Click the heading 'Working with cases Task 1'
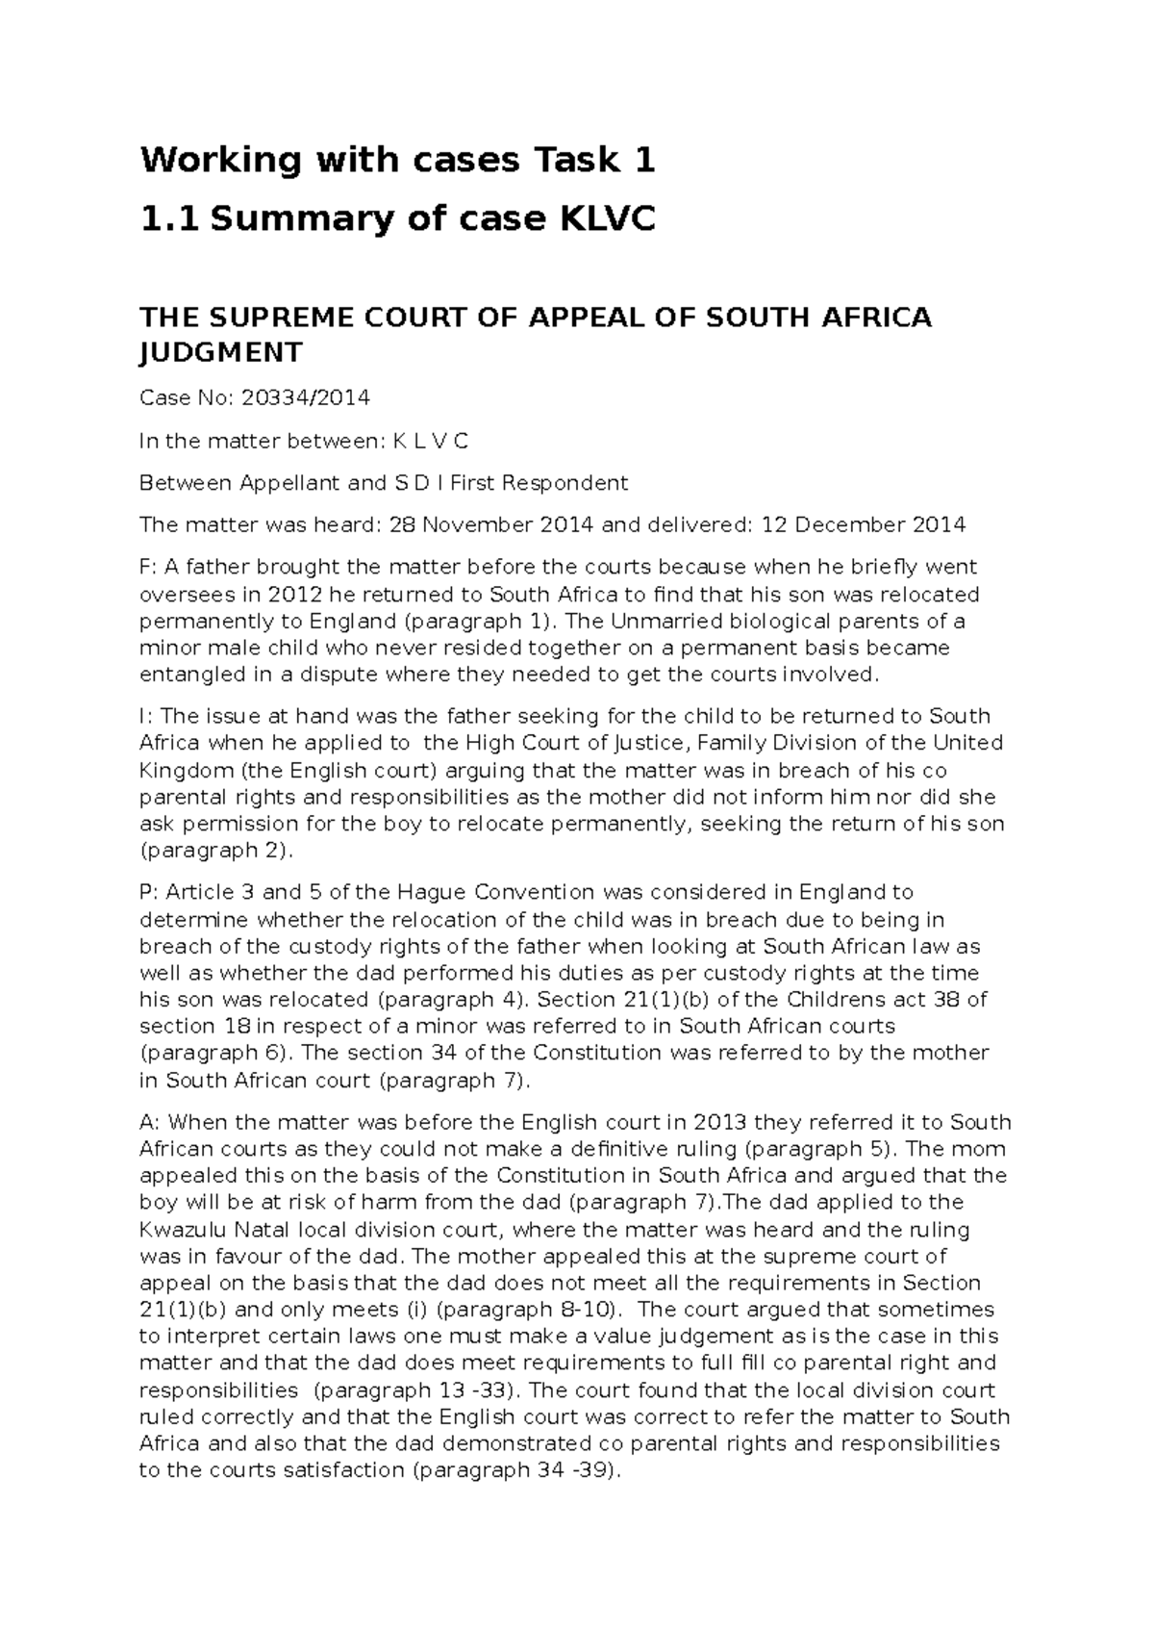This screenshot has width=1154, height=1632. point(397,160)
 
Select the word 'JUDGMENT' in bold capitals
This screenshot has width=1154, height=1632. point(221,352)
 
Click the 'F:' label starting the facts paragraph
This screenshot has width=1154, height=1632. point(149,567)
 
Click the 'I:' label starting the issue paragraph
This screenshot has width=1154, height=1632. point(146,716)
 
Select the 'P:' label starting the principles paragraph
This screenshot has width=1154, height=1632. point(149,892)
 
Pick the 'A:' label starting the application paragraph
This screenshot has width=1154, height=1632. point(150,1122)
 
